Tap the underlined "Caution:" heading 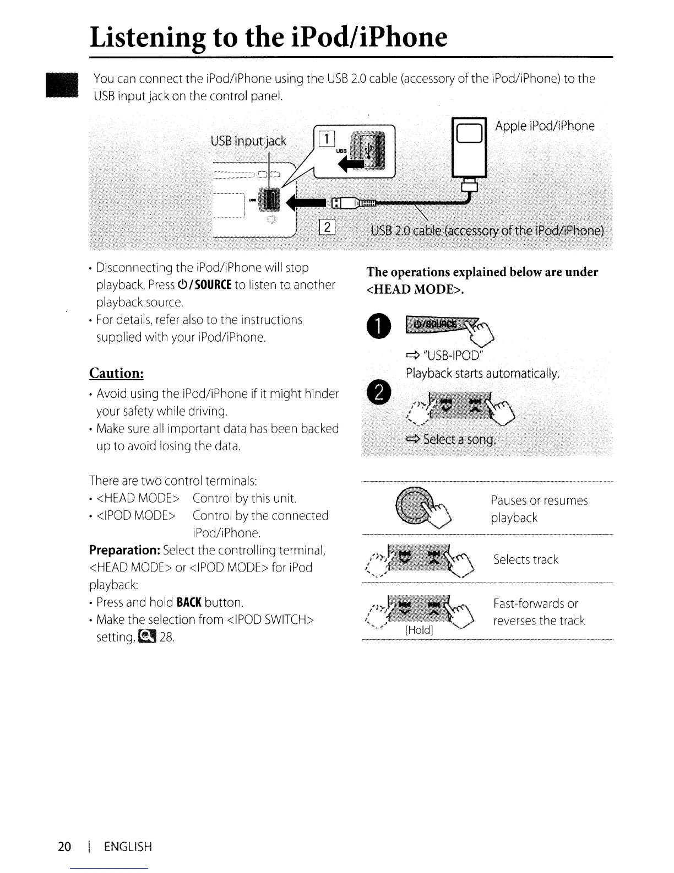[x=116, y=373]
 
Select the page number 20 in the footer [x=64, y=847]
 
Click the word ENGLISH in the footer [x=128, y=847]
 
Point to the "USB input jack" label [x=248, y=141]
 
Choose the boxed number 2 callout [x=327, y=227]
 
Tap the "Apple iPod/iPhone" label [x=545, y=126]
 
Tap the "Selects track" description [x=525, y=560]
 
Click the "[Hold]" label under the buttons [x=418, y=629]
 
